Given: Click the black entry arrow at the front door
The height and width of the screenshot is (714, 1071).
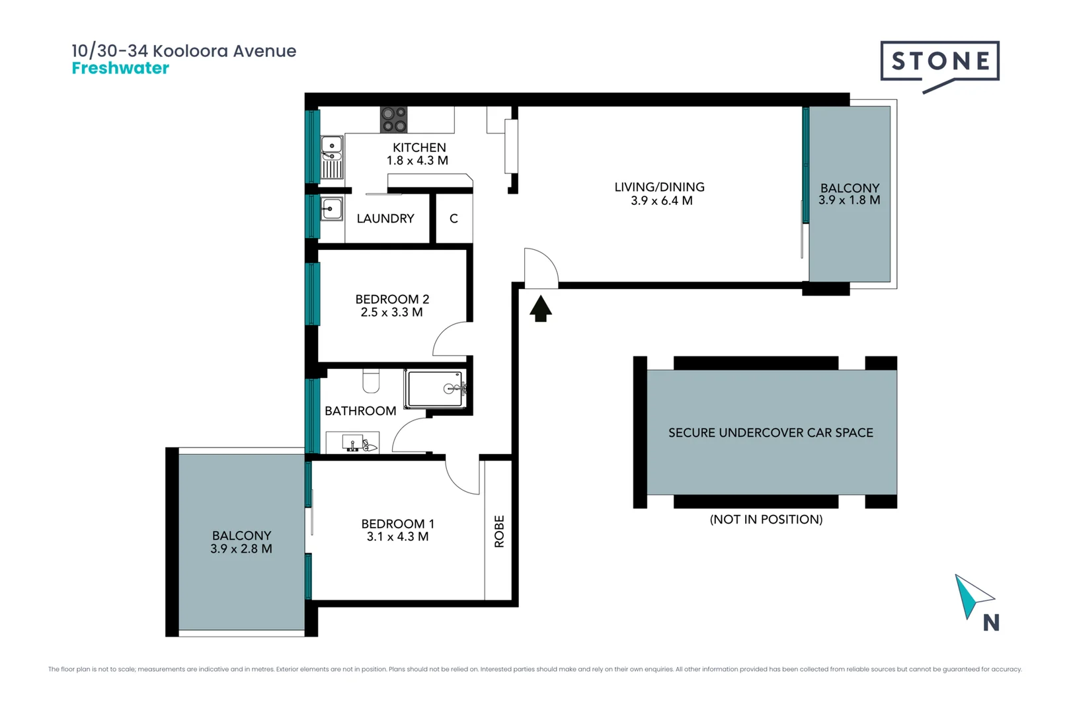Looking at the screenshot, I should coord(541,308).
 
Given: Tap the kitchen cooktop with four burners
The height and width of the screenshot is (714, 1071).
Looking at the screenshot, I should coord(393,120).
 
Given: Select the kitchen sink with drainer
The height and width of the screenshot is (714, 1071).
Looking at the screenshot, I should coord(332,157).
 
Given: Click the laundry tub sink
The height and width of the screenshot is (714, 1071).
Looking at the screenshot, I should coord(332,209).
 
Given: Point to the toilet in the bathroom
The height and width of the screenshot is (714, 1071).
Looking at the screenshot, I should coord(372,381).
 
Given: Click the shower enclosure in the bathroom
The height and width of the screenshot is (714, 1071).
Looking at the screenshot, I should coord(436,389).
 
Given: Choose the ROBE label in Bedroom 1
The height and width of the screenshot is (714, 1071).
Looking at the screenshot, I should coord(499,531).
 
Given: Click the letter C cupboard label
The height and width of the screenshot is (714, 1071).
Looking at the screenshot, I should coord(454,219).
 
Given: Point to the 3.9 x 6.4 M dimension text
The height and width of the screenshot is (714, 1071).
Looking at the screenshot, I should coord(661,201).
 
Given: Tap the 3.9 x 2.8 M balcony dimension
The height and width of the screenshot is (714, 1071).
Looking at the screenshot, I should coord(241,549).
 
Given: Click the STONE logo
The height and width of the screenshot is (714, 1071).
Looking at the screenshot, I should coord(939,62).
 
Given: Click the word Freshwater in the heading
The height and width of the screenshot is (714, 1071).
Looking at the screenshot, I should coord(120,68).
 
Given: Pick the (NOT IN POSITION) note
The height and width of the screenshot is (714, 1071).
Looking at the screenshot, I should coord(766,520).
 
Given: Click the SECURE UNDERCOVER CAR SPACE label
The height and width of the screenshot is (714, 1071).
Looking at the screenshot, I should coord(770,433).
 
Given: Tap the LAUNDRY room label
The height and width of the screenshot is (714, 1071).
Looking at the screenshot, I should coord(385,219).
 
